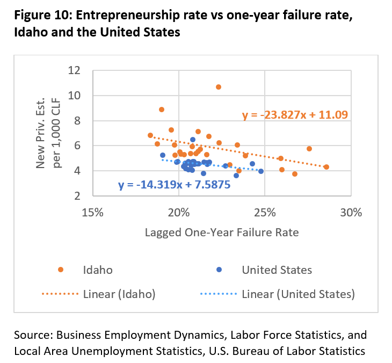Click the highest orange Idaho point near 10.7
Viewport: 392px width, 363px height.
tap(219, 87)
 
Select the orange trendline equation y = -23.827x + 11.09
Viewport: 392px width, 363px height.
tap(295, 114)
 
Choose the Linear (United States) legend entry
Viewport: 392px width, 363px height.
tap(298, 294)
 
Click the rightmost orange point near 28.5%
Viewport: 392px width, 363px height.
tap(326, 167)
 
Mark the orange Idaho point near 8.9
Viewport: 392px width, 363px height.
tap(162, 110)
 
